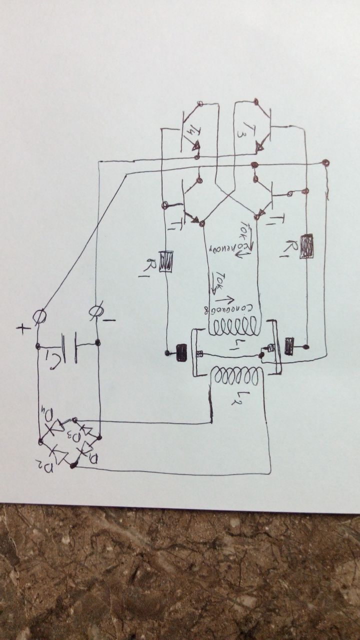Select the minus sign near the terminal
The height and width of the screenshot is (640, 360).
(x=111, y=319)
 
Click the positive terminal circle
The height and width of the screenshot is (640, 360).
(x=39, y=316)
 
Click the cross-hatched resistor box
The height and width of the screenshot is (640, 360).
(x=306, y=246)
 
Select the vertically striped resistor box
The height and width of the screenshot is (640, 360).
(x=166, y=261)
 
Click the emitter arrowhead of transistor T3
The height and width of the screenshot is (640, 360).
(x=259, y=147)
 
